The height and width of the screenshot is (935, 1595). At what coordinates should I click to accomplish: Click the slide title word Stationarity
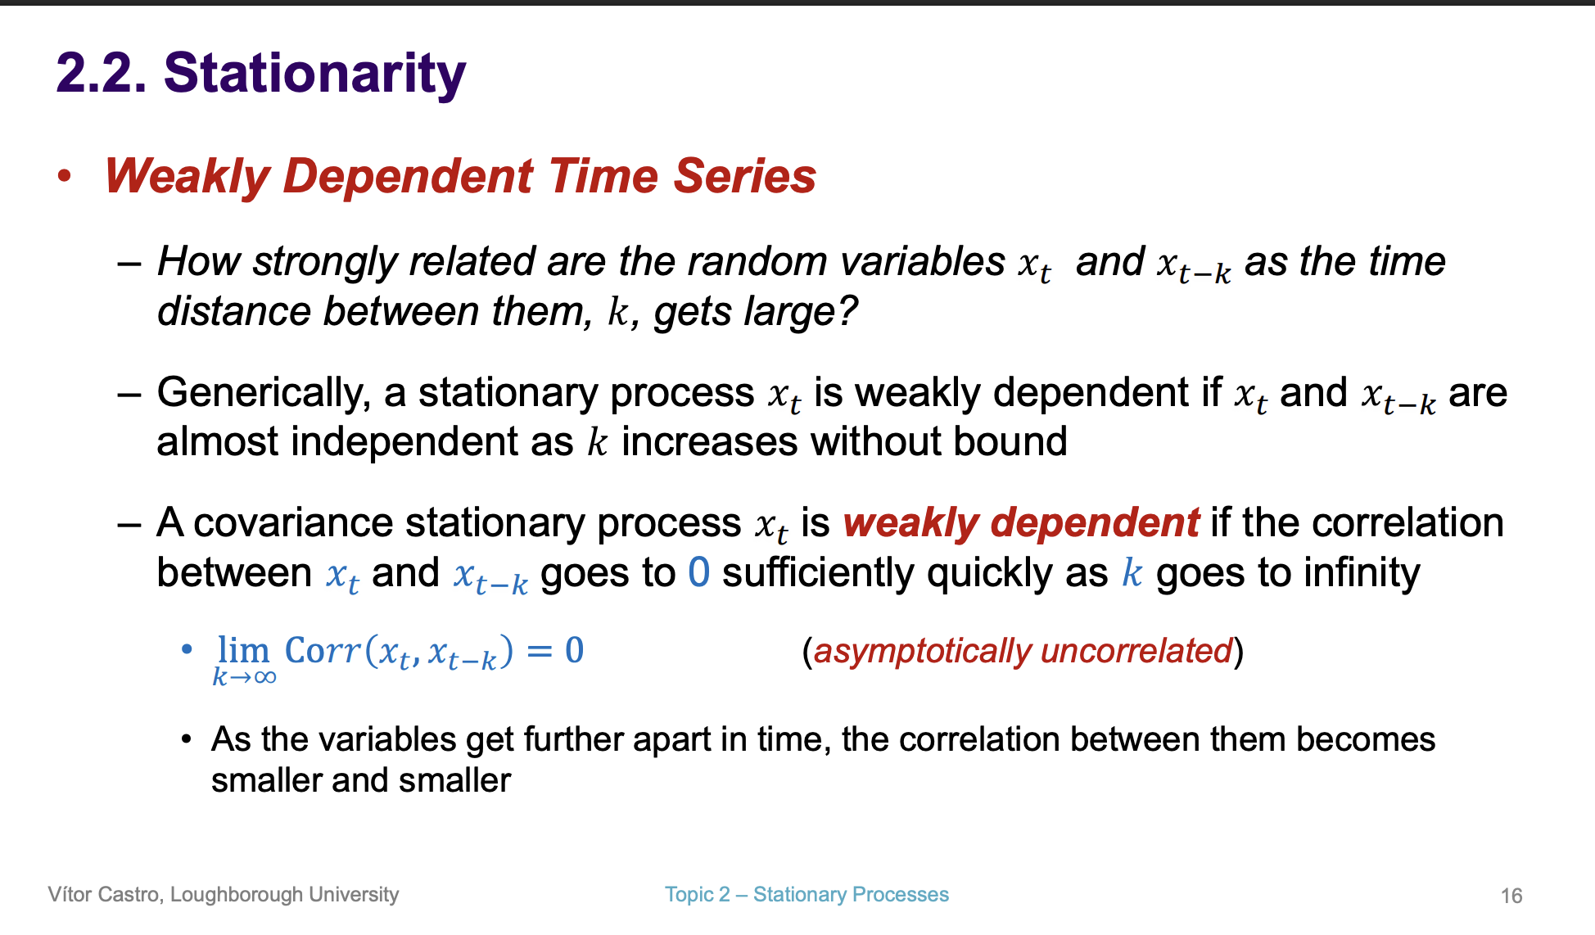pyautogui.click(x=314, y=74)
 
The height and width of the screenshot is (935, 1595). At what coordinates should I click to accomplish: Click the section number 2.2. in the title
pyautogui.click(x=102, y=74)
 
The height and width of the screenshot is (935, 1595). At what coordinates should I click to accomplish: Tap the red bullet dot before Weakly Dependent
pyautogui.click(x=65, y=176)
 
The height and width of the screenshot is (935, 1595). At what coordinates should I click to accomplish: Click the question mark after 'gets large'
pyautogui.click(x=847, y=312)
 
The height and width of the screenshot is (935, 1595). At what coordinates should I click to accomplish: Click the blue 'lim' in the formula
pyautogui.click(x=243, y=650)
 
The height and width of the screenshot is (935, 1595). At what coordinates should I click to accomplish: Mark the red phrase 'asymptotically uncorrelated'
pyautogui.click(x=1023, y=652)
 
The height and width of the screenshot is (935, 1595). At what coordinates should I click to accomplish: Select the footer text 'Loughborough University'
pyautogui.click(x=284, y=895)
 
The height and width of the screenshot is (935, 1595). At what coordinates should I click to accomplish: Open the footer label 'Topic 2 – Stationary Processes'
pyautogui.click(x=807, y=895)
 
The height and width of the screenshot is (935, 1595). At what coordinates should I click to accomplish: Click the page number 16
pyautogui.click(x=1511, y=897)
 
